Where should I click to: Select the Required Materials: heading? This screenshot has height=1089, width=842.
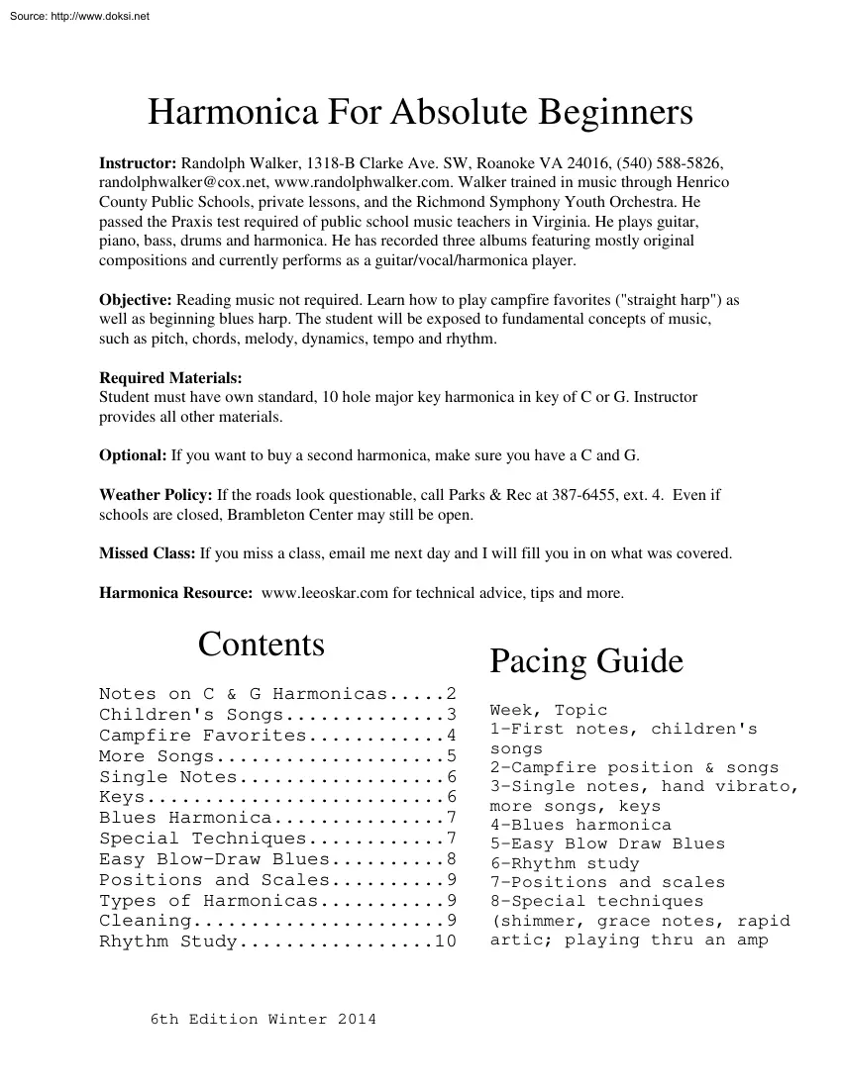(x=170, y=378)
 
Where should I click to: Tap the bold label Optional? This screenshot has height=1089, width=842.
(x=133, y=455)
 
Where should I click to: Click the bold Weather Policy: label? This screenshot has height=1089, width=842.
(x=156, y=494)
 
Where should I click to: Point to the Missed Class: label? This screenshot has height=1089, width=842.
(x=148, y=553)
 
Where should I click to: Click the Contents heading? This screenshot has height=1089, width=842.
(x=262, y=644)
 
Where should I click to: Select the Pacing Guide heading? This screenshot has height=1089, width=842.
(x=586, y=661)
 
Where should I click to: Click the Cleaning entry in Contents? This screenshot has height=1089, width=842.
(x=139, y=921)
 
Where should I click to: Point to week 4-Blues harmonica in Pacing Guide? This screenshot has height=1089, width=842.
(x=580, y=825)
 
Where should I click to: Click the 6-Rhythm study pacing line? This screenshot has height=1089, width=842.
(x=565, y=863)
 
